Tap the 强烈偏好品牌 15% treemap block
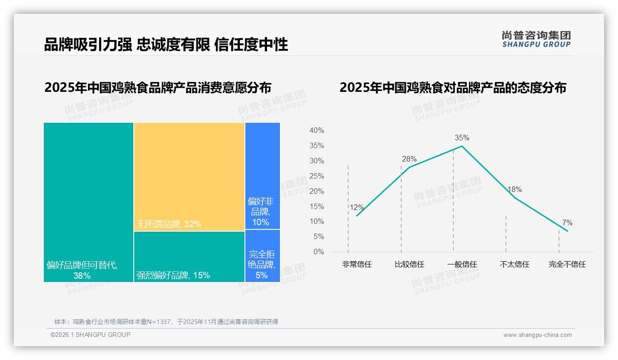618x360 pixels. click(189, 256)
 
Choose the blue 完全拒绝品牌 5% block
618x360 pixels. click(262, 256)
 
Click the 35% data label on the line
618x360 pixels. click(462, 138)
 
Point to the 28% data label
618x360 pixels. click(409, 159)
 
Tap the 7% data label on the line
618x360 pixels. click(567, 223)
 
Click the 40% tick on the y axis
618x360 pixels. click(316, 131)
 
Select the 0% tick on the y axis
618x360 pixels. click(318, 252)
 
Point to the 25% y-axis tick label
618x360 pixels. click(316, 176)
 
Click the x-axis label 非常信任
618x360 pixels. click(357, 264)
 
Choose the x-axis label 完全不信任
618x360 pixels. click(567, 264)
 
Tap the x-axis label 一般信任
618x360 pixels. click(462, 264)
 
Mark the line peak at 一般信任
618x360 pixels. click(462, 146)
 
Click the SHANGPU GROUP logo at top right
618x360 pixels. click(536, 39)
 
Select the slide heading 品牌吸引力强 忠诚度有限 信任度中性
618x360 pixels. click(166, 44)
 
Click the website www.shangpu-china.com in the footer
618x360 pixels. click(537, 335)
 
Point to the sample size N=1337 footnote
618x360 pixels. click(166, 322)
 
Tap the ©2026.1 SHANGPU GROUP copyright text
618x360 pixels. click(90, 335)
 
